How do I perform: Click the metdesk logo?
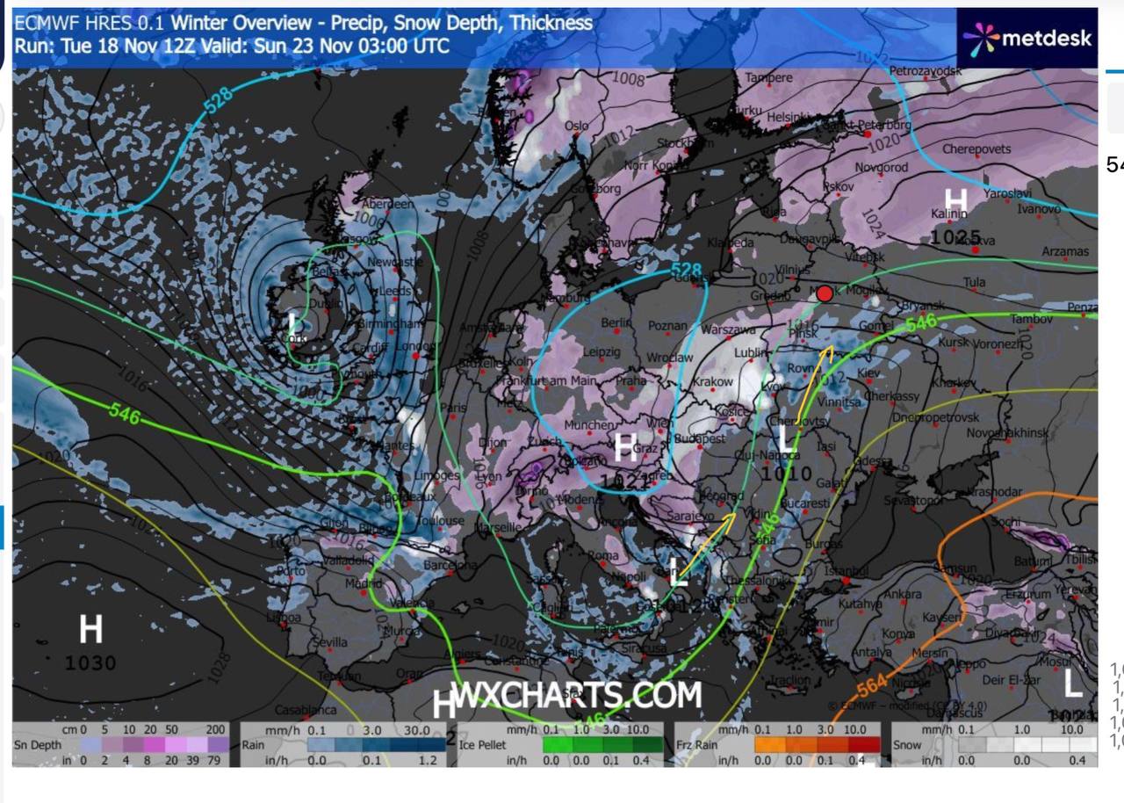point(1027,38)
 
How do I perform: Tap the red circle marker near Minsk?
point(825,294)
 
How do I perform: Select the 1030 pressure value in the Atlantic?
point(90,662)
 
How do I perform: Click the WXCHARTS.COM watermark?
point(578,696)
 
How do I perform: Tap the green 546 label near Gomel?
point(921,322)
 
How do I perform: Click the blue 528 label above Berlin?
point(686,269)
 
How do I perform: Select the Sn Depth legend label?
point(38,745)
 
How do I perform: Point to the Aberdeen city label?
point(387,204)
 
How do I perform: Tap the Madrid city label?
point(364,583)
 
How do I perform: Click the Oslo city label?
point(577,127)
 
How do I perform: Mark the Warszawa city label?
point(729,330)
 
